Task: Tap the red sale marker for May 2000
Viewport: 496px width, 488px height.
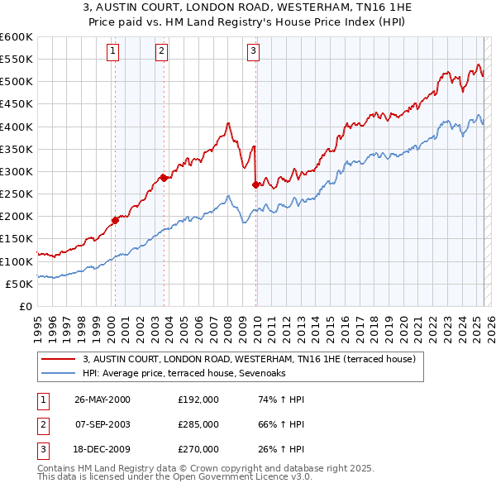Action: click(116, 220)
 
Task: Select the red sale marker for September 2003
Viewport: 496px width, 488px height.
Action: click(164, 177)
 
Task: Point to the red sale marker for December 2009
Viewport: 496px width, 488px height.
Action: click(255, 184)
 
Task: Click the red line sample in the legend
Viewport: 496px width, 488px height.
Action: click(58, 359)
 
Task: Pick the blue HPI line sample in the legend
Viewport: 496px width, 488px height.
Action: click(58, 373)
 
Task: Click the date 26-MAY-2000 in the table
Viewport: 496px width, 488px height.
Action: click(103, 399)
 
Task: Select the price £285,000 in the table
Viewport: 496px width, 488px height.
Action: click(198, 423)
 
